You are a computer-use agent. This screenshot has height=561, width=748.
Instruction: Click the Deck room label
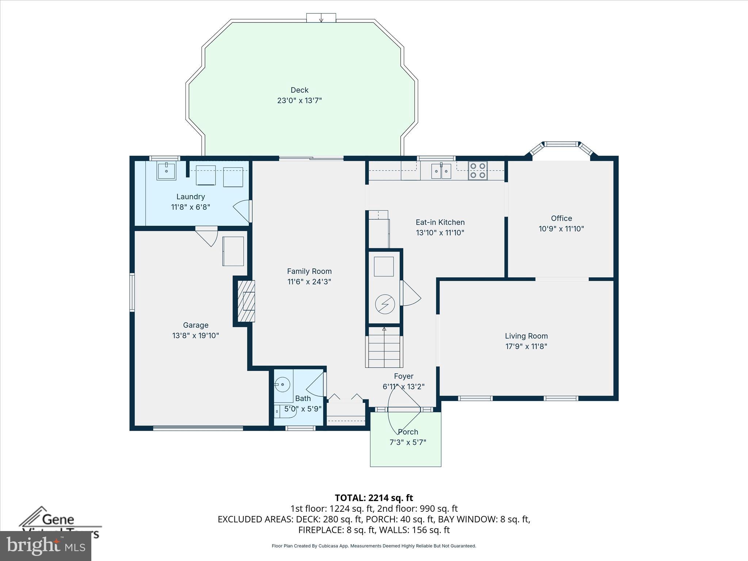tap(299, 90)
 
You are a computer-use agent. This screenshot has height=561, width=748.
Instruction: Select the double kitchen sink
tap(441, 171)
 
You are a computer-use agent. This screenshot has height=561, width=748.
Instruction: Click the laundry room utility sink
tap(166, 171)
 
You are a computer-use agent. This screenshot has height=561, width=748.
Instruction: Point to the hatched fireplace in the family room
tap(246, 301)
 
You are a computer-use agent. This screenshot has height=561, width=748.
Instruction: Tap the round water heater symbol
tap(385, 304)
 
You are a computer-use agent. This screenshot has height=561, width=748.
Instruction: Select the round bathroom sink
tap(282, 385)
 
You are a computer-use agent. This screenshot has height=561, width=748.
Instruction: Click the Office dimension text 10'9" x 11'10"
tap(561, 229)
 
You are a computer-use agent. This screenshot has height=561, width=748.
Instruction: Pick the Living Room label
tap(526, 336)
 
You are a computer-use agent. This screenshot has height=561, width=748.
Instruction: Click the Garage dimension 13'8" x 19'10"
tap(195, 336)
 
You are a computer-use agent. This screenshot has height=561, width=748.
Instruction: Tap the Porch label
tap(408, 432)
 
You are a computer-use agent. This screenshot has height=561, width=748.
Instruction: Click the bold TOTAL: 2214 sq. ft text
tap(374, 498)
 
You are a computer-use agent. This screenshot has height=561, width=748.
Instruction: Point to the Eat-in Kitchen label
tap(440, 222)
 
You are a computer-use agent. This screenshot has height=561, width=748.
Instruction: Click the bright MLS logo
tap(46, 546)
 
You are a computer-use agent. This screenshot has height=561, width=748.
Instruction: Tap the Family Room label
tap(309, 271)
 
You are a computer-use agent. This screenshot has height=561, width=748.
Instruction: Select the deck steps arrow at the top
tap(321, 18)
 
